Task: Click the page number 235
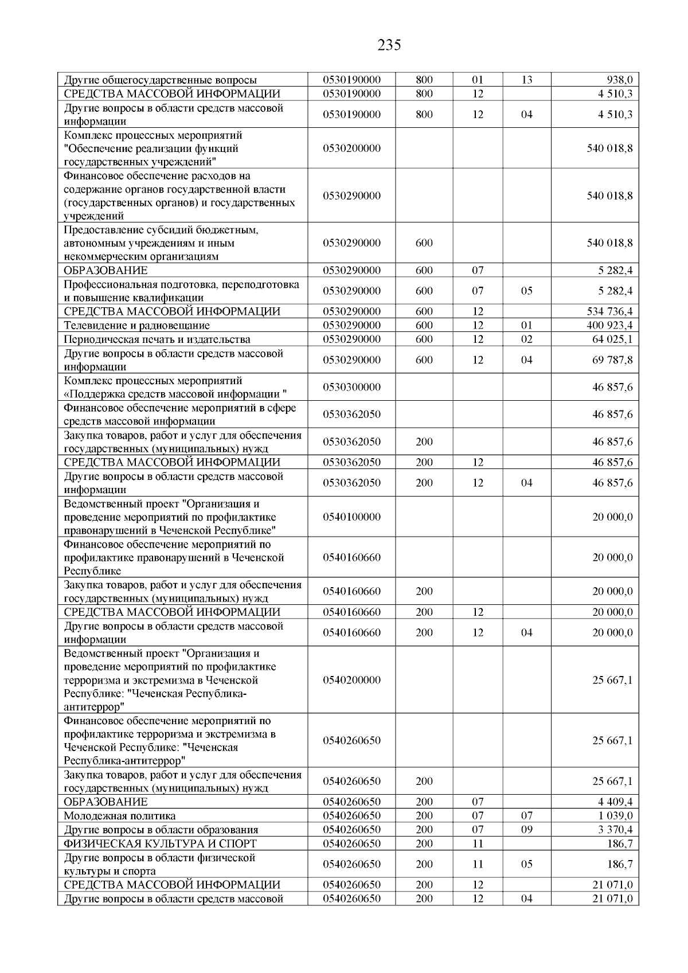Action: [x=389, y=45]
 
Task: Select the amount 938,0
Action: [x=620, y=80]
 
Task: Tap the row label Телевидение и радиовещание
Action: [x=136, y=326]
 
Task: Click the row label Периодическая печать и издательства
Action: [x=157, y=339]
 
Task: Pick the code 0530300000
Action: [x=351, y=387]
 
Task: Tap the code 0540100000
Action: [x=351, y=517]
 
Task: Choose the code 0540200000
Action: [x=351, y=680]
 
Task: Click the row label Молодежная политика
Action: [x=119, y=816]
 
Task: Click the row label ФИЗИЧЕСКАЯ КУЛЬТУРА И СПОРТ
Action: [x=160, y=843]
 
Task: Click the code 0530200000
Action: [x=351, y=148]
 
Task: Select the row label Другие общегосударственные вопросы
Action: [x=160, y=80]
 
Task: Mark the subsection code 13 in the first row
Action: [x=526, y=80]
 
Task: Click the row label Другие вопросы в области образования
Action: [x=161, y=830]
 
